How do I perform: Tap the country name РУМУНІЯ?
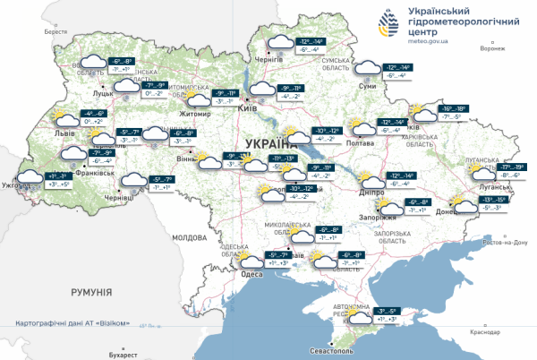point(90,293)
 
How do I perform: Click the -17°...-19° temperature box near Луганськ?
point(514,167)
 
